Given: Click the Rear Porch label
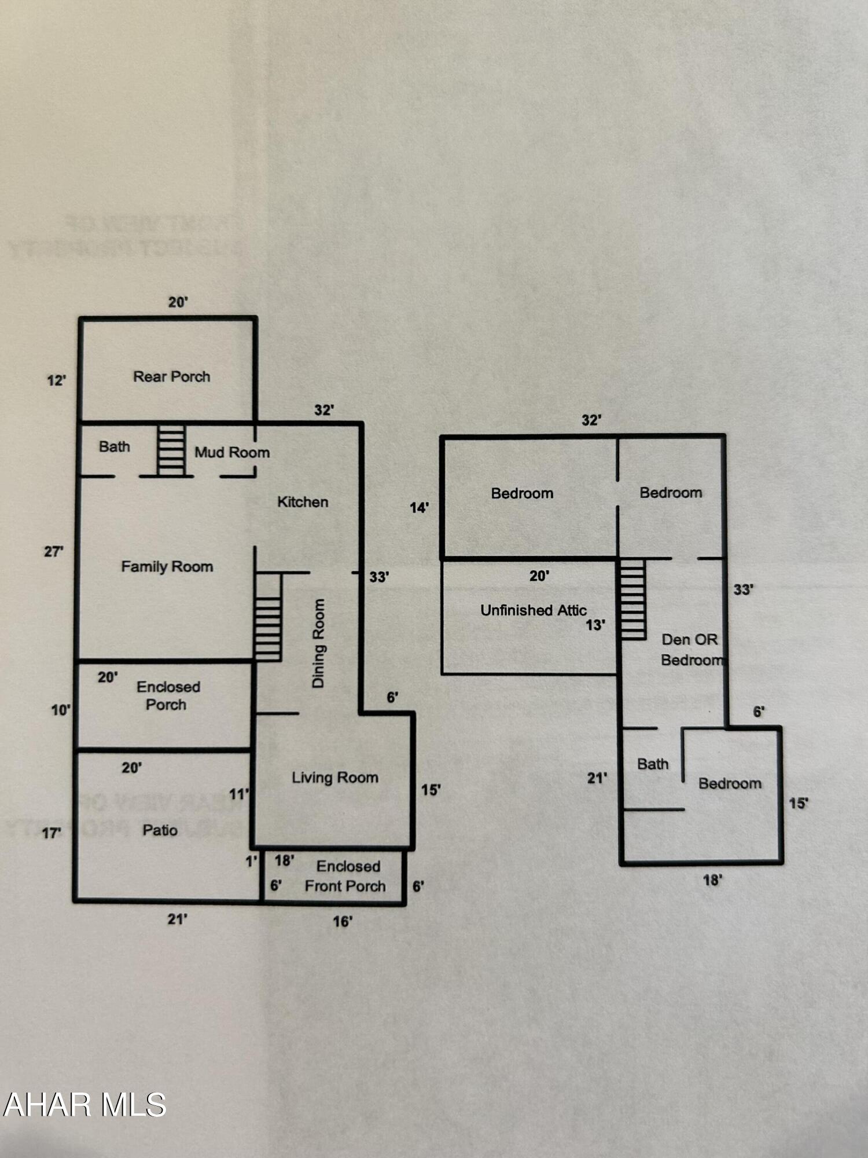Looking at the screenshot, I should tap(171, 377).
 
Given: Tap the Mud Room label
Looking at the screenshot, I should tap(232, 452).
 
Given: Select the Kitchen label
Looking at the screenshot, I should tap(303, 502).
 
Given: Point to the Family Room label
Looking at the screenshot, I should tap(167, 566).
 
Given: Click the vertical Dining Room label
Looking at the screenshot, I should tap(318, 643).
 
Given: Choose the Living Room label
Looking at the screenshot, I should tap(334, 778).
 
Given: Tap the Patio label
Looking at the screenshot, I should tap(160, 830).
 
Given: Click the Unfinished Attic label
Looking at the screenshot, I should tap(533, 610).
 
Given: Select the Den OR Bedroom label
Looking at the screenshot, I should tap(690, 650).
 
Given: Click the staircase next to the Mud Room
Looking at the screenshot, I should tap(171, 450).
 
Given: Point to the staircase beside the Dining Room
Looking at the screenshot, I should tap(268, 617).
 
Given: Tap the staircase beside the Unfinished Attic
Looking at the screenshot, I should tap(633, 599).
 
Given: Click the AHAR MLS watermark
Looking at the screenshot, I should tap(85, 1105).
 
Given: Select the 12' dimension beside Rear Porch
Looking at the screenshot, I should tap(56, 380).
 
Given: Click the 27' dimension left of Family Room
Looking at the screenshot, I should tap(53, 551).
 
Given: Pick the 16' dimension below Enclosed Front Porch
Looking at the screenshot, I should tap(343, 921).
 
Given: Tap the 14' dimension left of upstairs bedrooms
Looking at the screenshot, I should tap(419, 508).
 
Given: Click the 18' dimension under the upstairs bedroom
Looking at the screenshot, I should tap(712, 881).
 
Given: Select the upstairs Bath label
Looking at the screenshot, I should tap(653, 764).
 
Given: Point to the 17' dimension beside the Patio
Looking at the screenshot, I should tap(51, 833).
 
